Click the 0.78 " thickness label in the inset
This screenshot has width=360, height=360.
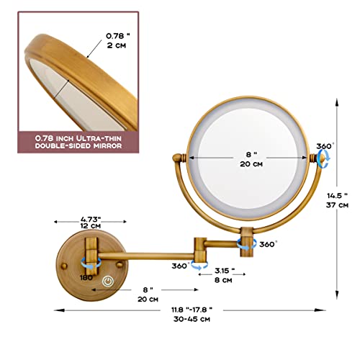[118, 35]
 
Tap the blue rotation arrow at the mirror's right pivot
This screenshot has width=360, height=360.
[323, 158]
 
